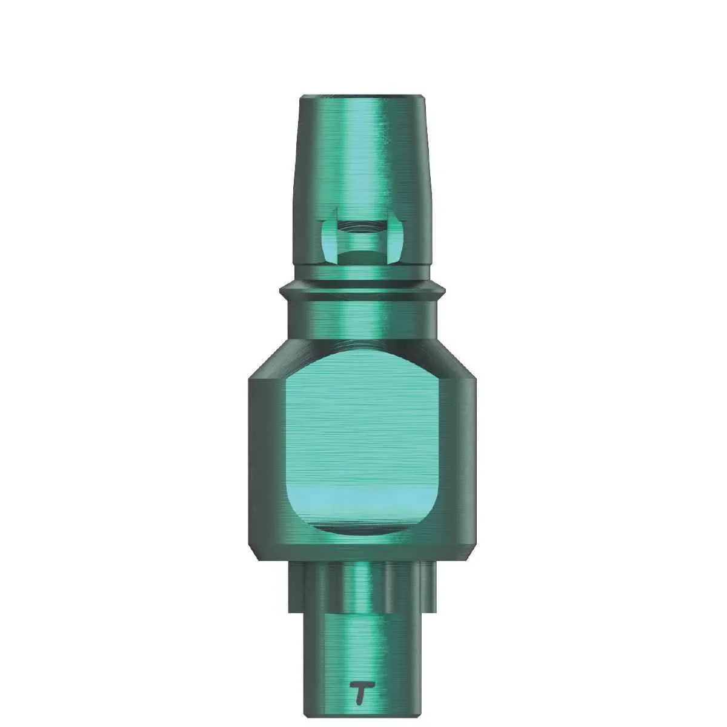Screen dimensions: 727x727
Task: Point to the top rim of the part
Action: tap(362, 96)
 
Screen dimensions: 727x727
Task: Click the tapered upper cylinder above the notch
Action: tap(362, 158)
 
